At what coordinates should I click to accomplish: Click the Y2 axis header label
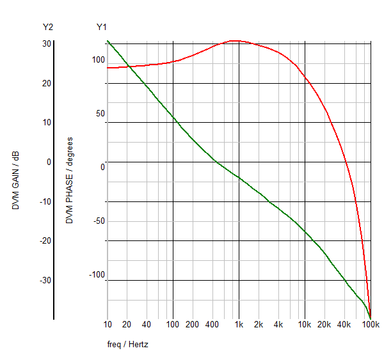[47, 27]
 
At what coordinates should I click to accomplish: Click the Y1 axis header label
[101, 27]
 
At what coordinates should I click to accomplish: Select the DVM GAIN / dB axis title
[16, 181]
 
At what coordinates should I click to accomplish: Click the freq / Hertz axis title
[128, 344]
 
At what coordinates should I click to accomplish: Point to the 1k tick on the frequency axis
[239, 325]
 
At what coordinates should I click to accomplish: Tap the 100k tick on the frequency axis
[370, 325]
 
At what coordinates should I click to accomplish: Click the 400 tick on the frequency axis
[212, 325]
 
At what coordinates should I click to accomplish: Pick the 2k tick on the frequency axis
[259, 325]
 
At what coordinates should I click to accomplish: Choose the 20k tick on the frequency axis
[324, 325]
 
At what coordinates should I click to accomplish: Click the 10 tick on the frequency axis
[107, 325]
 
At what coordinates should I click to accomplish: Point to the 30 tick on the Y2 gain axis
[47, 43]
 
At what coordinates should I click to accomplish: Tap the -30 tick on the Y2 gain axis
[45, 280]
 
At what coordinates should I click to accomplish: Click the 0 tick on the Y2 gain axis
[49, 162]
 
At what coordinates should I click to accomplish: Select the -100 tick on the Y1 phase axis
[96, 275]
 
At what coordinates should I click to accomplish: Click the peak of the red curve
[236, 41]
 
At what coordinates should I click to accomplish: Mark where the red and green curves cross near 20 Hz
[127, 66]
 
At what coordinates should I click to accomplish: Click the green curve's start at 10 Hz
[107, 41]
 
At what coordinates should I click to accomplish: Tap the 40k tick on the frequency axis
[344, 325]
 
